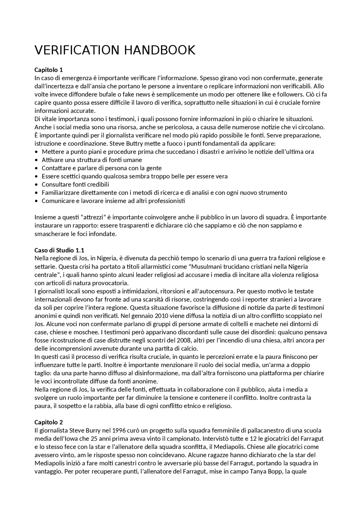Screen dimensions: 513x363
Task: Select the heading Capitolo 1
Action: click(x=48, y=70)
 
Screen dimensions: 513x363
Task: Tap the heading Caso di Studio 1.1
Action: click(x=59, y=250)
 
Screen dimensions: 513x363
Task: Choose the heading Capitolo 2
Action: click(x=48, y=422)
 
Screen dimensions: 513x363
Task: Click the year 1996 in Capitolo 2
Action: click(x=119, y=431)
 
